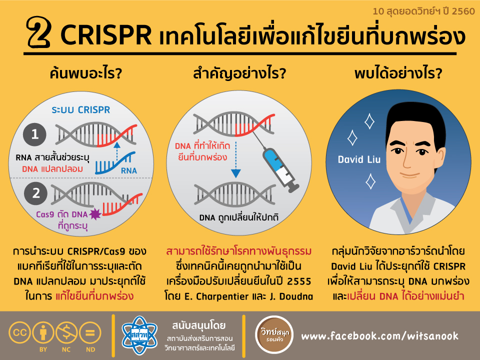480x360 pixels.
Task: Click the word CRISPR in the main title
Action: click(106, 34)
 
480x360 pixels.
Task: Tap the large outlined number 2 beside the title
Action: click(39, 32)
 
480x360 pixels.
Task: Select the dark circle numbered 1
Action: click(34, 134)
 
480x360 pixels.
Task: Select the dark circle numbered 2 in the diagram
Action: click(36, 193)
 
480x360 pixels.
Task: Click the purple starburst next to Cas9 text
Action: click(95, 214)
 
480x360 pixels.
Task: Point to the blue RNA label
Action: click(129, 170)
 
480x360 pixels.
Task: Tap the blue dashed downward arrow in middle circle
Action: click(235, 159)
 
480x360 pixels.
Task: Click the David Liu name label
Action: click(359, 159)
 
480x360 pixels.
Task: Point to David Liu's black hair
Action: click(416, 122)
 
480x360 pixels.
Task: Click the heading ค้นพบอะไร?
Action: click(86, 73)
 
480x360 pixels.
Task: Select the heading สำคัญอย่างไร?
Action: click(239, 74)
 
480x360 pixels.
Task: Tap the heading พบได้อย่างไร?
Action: click(398, 73)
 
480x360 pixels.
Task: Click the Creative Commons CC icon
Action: click(19, 333)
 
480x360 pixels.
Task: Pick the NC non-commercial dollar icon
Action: click(66, 333)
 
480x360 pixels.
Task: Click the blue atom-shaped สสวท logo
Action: click(139, 335)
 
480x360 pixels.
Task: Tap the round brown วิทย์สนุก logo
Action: click(274, 335)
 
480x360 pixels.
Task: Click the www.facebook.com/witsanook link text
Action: click(380, 336)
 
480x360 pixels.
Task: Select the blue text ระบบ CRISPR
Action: click(81, 109)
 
